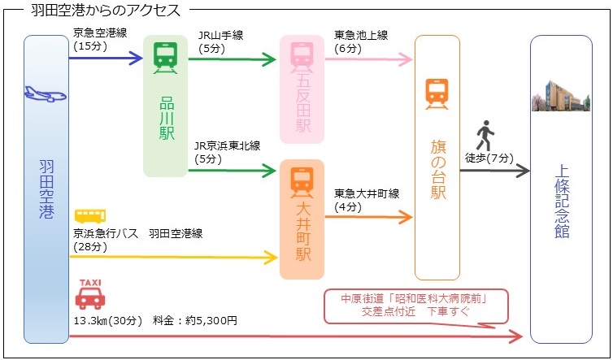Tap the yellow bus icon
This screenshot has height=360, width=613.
(x=89, y=216)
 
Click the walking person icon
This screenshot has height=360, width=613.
(x=485, y=132)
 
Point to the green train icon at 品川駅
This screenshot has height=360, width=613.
(x=165, y=56)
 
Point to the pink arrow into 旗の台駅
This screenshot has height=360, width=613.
(x=370, y=59)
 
